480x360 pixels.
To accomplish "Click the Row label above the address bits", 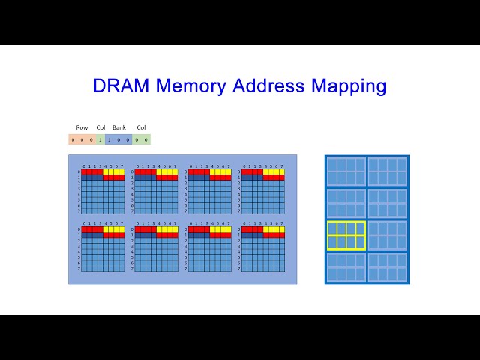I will (82, 127).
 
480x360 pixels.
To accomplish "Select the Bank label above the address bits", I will (119, 127).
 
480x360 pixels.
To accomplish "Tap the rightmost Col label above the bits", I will (141, 127).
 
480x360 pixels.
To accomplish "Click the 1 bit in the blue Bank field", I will (109, 139).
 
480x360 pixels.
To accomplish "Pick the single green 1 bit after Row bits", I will (100, 139).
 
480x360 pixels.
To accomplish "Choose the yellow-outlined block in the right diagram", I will (346, 235).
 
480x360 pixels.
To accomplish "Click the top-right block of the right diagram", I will (388, 172).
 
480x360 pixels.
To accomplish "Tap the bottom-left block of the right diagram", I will (346, 268).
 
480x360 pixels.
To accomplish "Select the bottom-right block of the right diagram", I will (388, 268).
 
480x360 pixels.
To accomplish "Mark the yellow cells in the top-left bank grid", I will (114, 172).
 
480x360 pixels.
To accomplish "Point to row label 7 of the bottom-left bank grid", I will (78, 268).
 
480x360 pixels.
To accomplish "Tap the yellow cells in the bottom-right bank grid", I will (274, 229).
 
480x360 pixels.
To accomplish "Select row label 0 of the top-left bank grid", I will (78, 172).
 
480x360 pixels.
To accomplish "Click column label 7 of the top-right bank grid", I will (282, 166).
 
